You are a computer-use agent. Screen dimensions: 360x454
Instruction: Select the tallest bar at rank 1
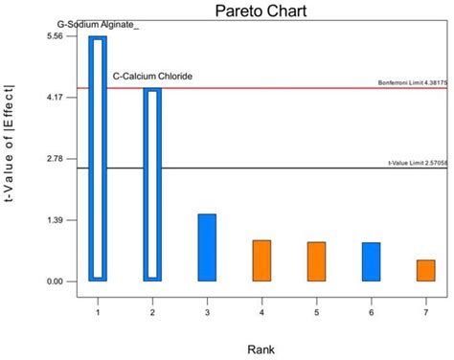[x=98, y=158]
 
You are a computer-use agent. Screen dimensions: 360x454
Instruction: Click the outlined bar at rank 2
[x=152, y=184]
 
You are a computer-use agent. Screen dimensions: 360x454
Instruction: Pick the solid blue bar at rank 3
[x=207, y=247]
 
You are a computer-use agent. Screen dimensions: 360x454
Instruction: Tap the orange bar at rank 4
[x=261, y=260]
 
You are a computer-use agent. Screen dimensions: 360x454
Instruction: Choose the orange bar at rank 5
[x=316, y=261]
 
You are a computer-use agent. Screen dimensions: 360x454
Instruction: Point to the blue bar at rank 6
[x=371, y=261]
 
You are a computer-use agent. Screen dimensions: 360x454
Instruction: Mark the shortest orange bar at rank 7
[x=425, y=270]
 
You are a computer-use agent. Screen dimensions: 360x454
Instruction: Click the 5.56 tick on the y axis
[x=54, y=36]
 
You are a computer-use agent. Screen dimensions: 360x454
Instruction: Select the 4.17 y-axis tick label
[x=54, y=98]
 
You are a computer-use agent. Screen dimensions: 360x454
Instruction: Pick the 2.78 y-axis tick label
[x=54, y=159]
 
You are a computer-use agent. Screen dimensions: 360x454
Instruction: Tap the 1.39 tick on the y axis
[x=54, y=220]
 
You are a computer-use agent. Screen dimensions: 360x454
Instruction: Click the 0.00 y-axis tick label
[x=54, y=281]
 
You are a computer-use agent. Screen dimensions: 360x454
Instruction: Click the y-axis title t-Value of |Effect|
[x=11, y=159]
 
